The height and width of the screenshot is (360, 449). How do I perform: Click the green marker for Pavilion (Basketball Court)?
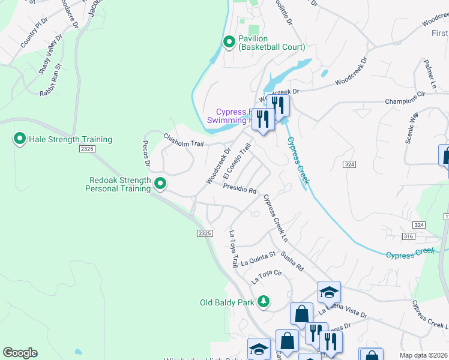229,42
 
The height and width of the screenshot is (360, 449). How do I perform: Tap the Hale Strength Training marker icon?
19,140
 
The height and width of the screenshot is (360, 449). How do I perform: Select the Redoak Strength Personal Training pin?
160,183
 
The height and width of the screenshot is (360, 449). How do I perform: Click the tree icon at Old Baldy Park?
263,302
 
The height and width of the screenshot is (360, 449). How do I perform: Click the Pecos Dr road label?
145,155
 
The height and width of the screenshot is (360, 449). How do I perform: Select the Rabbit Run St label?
51,82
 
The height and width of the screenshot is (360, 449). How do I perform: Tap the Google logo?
20,353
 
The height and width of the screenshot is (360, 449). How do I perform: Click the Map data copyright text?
424,355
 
